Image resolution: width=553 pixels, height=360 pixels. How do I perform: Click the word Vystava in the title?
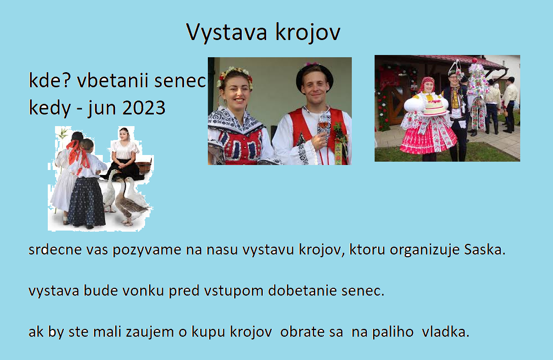[x=227, y=32]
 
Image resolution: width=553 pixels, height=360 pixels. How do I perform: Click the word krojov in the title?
[x=308, y=32]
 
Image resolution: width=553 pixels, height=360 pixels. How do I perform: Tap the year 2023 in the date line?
[x=144, y=108]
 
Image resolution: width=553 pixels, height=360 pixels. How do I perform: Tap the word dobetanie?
[x=302, y=291]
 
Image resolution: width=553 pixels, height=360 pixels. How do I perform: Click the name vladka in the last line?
[x=445, y=332]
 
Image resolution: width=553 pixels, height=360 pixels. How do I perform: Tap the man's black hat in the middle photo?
[x=314, y=74]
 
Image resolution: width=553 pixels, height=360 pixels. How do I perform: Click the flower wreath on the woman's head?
[x=234, y=75]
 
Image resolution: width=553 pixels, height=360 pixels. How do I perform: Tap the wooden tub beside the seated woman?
[x=144, y=166]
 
